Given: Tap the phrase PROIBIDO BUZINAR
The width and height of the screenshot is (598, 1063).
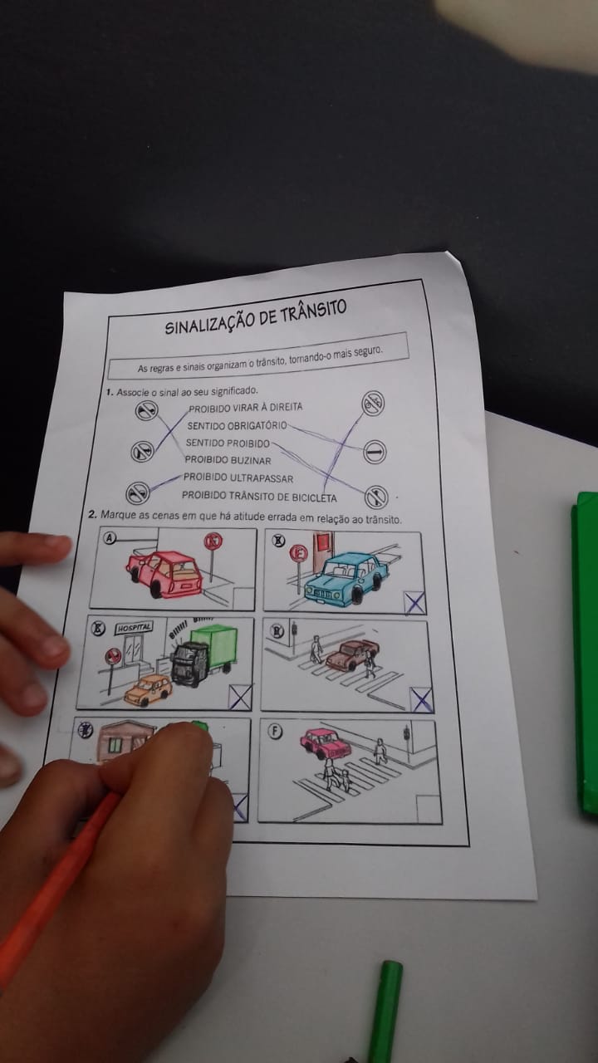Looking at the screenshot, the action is [228, 460].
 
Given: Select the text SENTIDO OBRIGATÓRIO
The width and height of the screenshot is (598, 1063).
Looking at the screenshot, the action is [237, 425].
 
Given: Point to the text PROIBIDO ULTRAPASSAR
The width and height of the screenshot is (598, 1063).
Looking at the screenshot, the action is [238, 478].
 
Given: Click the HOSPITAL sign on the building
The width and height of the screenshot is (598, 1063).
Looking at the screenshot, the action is [135, 628].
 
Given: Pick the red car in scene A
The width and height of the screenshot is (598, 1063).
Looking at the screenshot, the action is [164, 573].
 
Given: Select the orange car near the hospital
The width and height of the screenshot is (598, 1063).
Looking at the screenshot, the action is [149, 689].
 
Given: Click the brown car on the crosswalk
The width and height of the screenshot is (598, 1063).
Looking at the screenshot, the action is [351, 654].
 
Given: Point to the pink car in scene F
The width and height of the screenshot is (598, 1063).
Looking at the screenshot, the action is [326, 743].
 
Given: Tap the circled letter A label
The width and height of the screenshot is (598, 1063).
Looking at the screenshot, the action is [110, 537].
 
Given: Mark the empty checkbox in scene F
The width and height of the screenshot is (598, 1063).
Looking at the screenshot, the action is [428, 809].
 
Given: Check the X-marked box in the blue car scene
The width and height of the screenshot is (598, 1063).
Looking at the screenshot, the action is [414, 603].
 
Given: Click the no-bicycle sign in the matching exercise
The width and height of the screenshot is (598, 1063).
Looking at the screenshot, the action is [373, 404].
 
